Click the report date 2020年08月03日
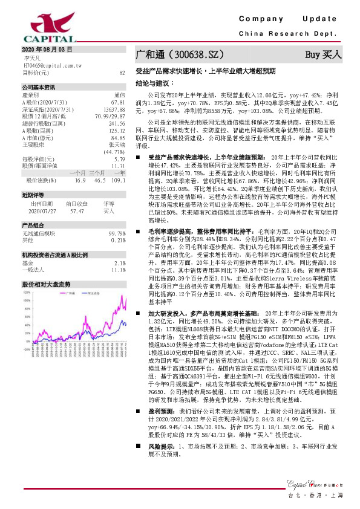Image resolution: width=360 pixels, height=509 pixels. click(x=47, y=48)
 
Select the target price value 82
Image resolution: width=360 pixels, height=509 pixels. click(x=122, y=73)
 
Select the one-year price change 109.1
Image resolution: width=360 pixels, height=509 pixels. click(x=118, y=180)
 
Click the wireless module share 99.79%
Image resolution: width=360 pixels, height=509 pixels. click(x=117, y=233)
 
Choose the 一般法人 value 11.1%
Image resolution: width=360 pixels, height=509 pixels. click(x=119, y=270)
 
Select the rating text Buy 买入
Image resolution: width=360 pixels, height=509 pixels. click(x=324, y=55)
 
